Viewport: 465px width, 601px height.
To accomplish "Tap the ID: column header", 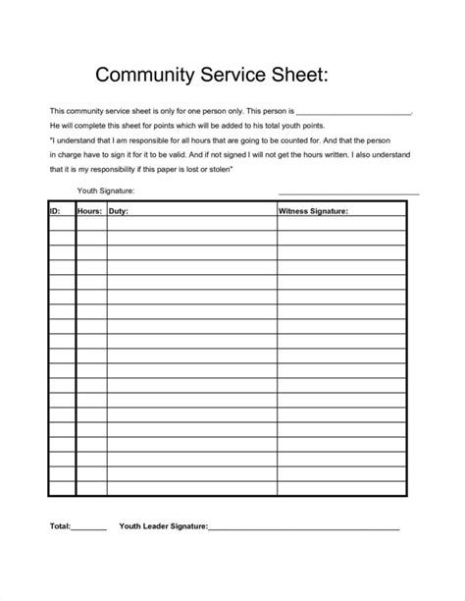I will (56, 210).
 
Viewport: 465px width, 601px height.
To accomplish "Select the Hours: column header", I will (91, 210).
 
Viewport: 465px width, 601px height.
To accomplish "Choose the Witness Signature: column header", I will (314, 210).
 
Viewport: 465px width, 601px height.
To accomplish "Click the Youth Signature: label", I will (105, 191).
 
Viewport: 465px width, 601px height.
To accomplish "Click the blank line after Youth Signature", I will (348, 193).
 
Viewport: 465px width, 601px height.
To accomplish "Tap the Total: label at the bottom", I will (60, 526).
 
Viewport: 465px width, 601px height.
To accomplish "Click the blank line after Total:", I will (89, 529).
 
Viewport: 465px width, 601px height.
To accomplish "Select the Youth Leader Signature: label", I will (163, 526).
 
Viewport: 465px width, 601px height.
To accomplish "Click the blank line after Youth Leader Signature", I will (304, 529).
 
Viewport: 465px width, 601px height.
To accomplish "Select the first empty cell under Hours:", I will (91, 223).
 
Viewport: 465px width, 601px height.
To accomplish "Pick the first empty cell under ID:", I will (62, 223).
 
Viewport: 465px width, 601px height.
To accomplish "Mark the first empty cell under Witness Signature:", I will (340, 223).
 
